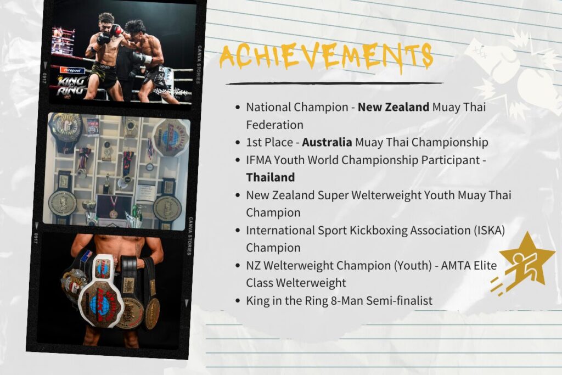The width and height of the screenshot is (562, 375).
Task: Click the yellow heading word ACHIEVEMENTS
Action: pos(326,57)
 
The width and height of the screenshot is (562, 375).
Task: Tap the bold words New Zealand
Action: pos(394,107)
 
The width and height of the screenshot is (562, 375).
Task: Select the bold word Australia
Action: pos(327,142)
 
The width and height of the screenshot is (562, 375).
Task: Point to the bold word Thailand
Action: pos(271,177)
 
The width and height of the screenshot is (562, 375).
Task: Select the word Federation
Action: pos(274,125)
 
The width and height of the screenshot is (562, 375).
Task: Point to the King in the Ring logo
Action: pos(72,86)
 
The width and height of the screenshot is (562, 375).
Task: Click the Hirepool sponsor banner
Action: pos(72,70)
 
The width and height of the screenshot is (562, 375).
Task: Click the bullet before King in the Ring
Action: pos(238,300)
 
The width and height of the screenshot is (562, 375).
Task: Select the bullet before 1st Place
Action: pos(238,142)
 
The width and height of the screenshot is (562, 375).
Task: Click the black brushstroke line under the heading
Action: pos(334,83)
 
